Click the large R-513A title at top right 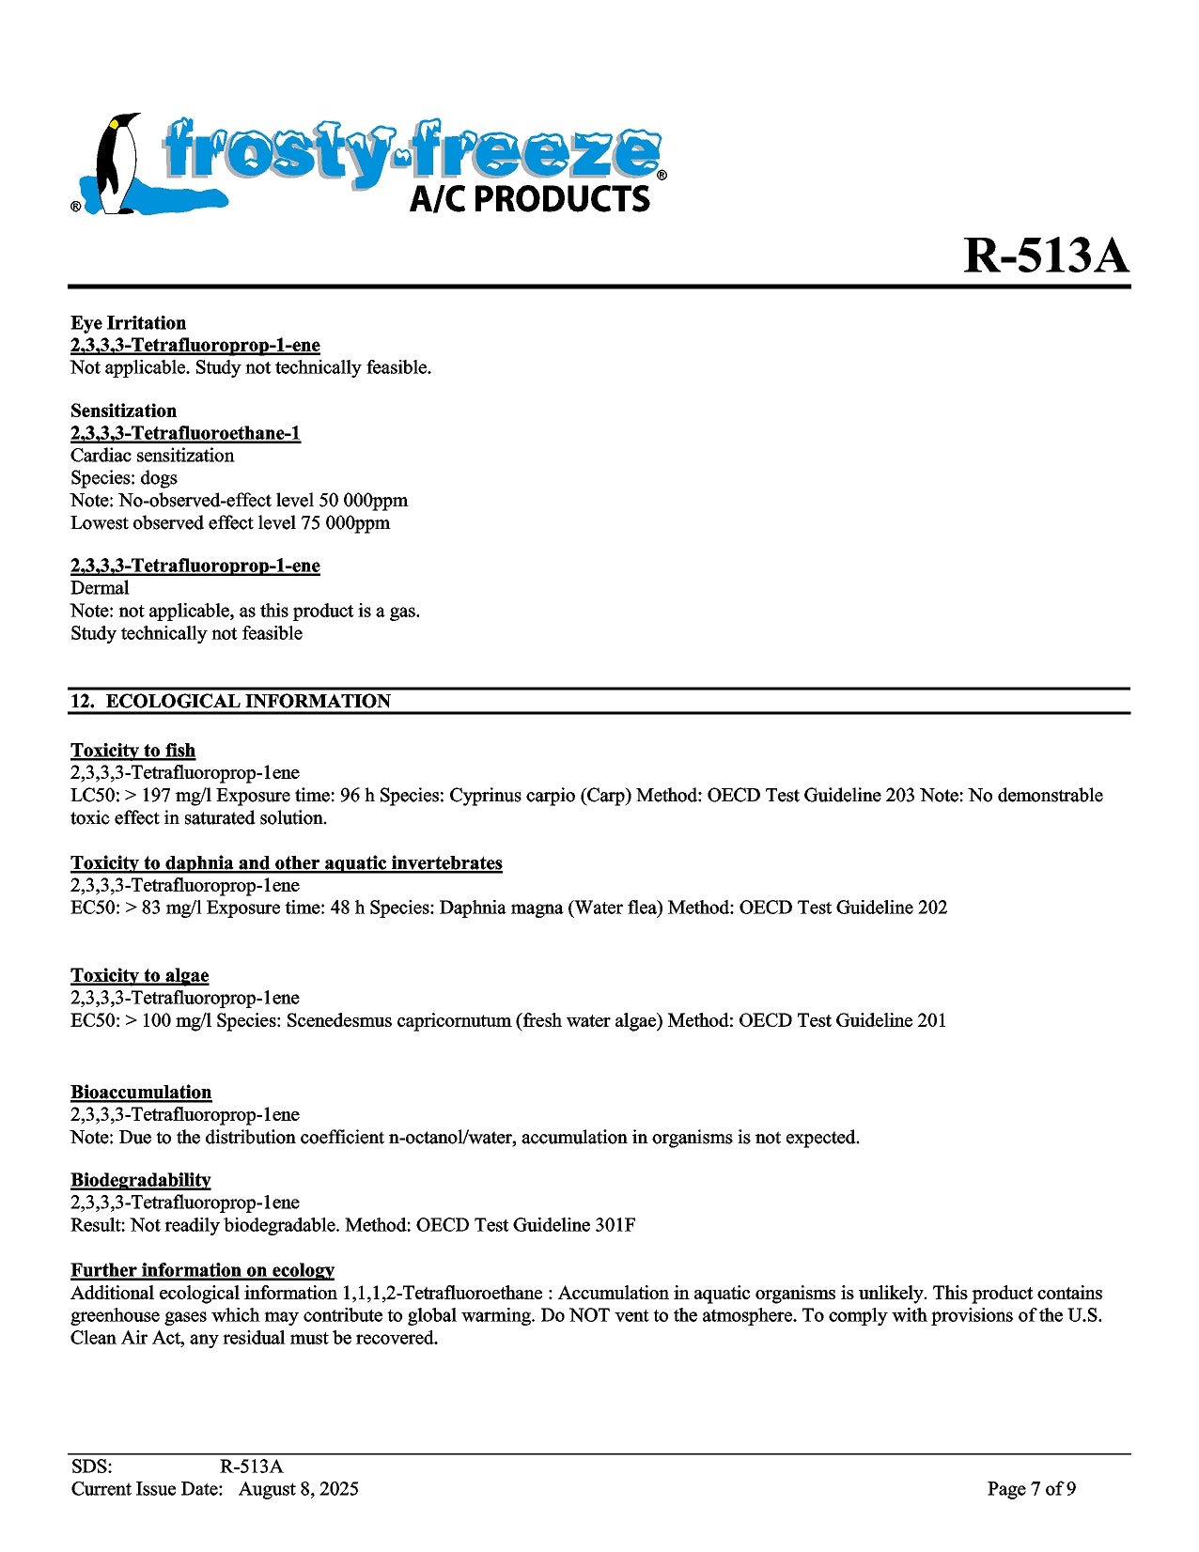pyautogui.click(x=1046, y=255)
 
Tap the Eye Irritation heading pyautogui.click(x=128, y=323)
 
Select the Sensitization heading pyautogui.click(x=123, y=411)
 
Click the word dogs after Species pyautogui.click(x=159, y=478)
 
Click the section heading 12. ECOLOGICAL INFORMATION pyautogui.click(x=230, y=702)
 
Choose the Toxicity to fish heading pyautogui.click(x=132, y=751)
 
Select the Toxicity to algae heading pyautogui.click(x=139, y=976)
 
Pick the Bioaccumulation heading pyautogui.click(x=141, y=1093)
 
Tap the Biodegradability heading pyautogui.click(x=140, y=1181)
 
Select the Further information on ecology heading pyautogui.click(x=202, y=1271)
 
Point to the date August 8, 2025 pyautogui.click(x=298, y=1489)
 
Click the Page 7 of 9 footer pyautogui.click(x=1031, y=1489)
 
